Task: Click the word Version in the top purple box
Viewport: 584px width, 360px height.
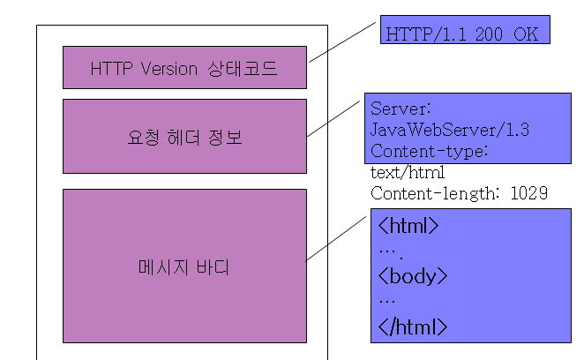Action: [x=169, y=69]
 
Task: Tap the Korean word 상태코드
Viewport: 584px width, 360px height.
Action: [x=243, y=69]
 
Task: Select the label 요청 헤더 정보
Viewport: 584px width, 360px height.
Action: [x=184, y=138]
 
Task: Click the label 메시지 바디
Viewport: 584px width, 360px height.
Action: [x=183, y=267]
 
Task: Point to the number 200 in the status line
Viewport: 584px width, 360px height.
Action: [x=489, y=34]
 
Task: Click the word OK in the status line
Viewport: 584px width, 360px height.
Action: [x=526, y=34]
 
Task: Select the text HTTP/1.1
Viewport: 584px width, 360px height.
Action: [x=426, y=34]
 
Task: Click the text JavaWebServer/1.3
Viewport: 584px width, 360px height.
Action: [x=450, y=130]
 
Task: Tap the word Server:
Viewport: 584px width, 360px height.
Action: [x=401, y=109]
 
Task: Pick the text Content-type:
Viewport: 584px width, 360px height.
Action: [x=429, y=151]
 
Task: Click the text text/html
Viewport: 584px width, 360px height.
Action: [x=408, y=173]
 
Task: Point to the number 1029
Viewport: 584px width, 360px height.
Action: [x=529, y=193]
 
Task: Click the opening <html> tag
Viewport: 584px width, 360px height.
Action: [x=408, y=226]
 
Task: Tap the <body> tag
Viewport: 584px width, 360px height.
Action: [x=412, y=276]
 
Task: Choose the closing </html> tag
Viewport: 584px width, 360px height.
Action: [x=412, y=326]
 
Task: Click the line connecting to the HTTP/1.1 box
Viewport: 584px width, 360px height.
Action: [x=342, y=42]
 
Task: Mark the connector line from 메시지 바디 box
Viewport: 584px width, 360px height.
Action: [x=335, y=239]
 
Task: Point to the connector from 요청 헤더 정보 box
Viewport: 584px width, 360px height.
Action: [x=333, y=118]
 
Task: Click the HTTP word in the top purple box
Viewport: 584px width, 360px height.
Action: [x=111, y=69]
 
